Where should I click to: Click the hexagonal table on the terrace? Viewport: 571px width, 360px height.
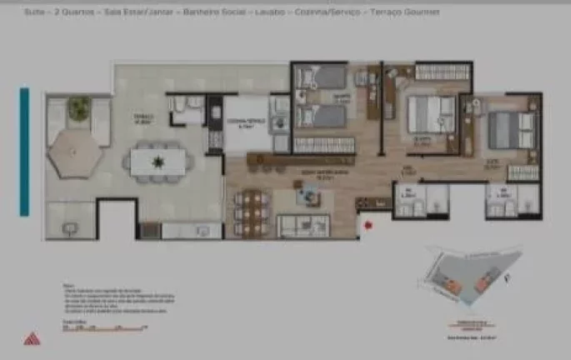click(75, 155)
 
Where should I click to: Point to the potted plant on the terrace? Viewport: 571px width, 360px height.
click(79, 107)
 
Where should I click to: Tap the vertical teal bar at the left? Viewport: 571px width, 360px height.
click(25, 152)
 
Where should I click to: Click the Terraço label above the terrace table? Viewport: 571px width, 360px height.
click(145, 118)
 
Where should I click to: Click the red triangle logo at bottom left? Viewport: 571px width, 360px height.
click(32, 338)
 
